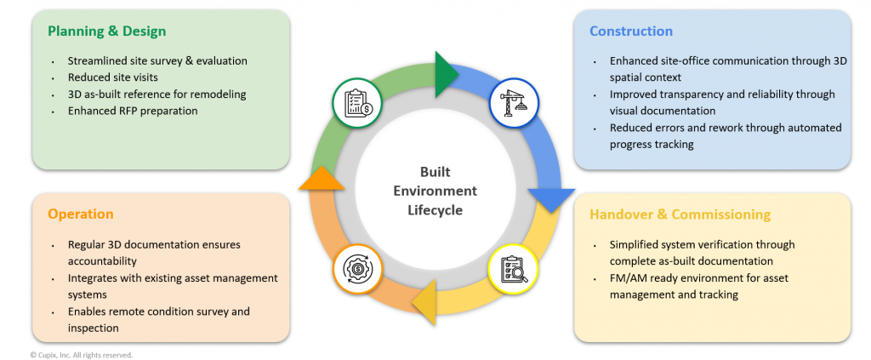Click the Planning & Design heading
pos(106,31)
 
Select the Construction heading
pos(630,31)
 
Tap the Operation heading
pos(81,214)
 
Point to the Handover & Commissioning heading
pos(680,214)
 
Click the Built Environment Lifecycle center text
pos(435,190)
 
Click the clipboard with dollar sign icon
pos(357,104)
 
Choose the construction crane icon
pos(515,103)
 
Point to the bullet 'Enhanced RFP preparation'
pos(133,111)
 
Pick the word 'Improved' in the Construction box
pos(633,94)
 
